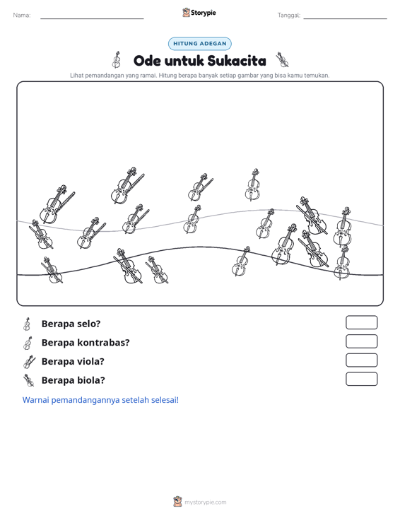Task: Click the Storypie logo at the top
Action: [199, 13]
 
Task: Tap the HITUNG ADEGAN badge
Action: [200, 44]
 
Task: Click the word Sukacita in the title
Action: [237, 61]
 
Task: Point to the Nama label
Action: [22, 16]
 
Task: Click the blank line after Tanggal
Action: [345, 19]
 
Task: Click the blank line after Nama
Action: [92, 19]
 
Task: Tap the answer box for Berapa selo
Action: [361, 322]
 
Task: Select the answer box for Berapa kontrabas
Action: [361, 341]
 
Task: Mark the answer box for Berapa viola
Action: [361, 360]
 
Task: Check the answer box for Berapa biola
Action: [361, 379]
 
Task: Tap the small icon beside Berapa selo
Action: [27, 324]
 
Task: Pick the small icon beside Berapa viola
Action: [29, 362]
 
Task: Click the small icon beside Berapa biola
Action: [29, 381]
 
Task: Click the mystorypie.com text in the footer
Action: [205, 502]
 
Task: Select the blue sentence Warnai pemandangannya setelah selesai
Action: [100, 400]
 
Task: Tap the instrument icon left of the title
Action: [117, 59]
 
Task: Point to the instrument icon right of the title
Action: [283, 59]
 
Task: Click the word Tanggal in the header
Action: [288, 16]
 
